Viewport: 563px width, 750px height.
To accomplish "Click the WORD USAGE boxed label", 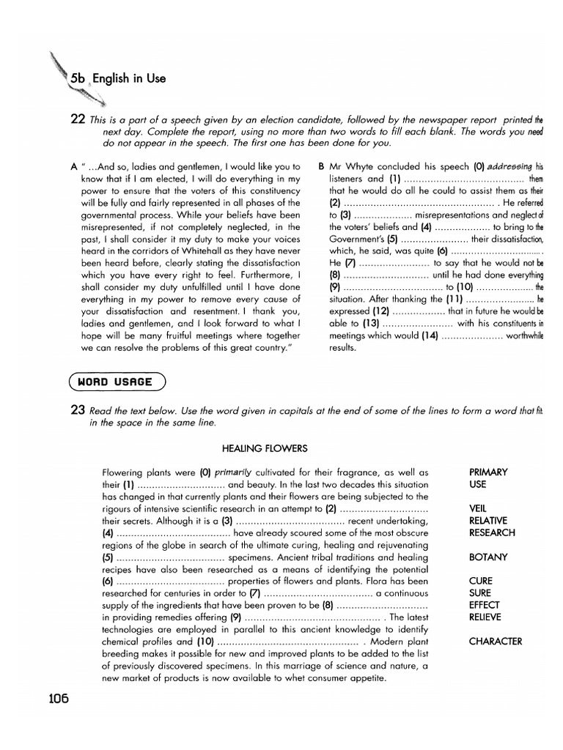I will pos(117,381).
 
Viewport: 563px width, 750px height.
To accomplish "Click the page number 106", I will pos(54,698).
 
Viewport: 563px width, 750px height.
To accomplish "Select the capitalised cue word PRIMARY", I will pos(488,472).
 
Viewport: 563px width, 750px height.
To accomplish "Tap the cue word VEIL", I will pos(477,508).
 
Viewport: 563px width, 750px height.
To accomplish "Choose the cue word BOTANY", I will pos(487,557).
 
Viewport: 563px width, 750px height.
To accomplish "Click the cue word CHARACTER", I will pos(495,641).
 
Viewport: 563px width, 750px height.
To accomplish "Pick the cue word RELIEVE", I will pos(485,617).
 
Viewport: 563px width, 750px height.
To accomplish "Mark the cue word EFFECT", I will pos(484,605).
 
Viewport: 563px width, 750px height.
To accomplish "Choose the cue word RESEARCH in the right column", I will pos(491,532).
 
